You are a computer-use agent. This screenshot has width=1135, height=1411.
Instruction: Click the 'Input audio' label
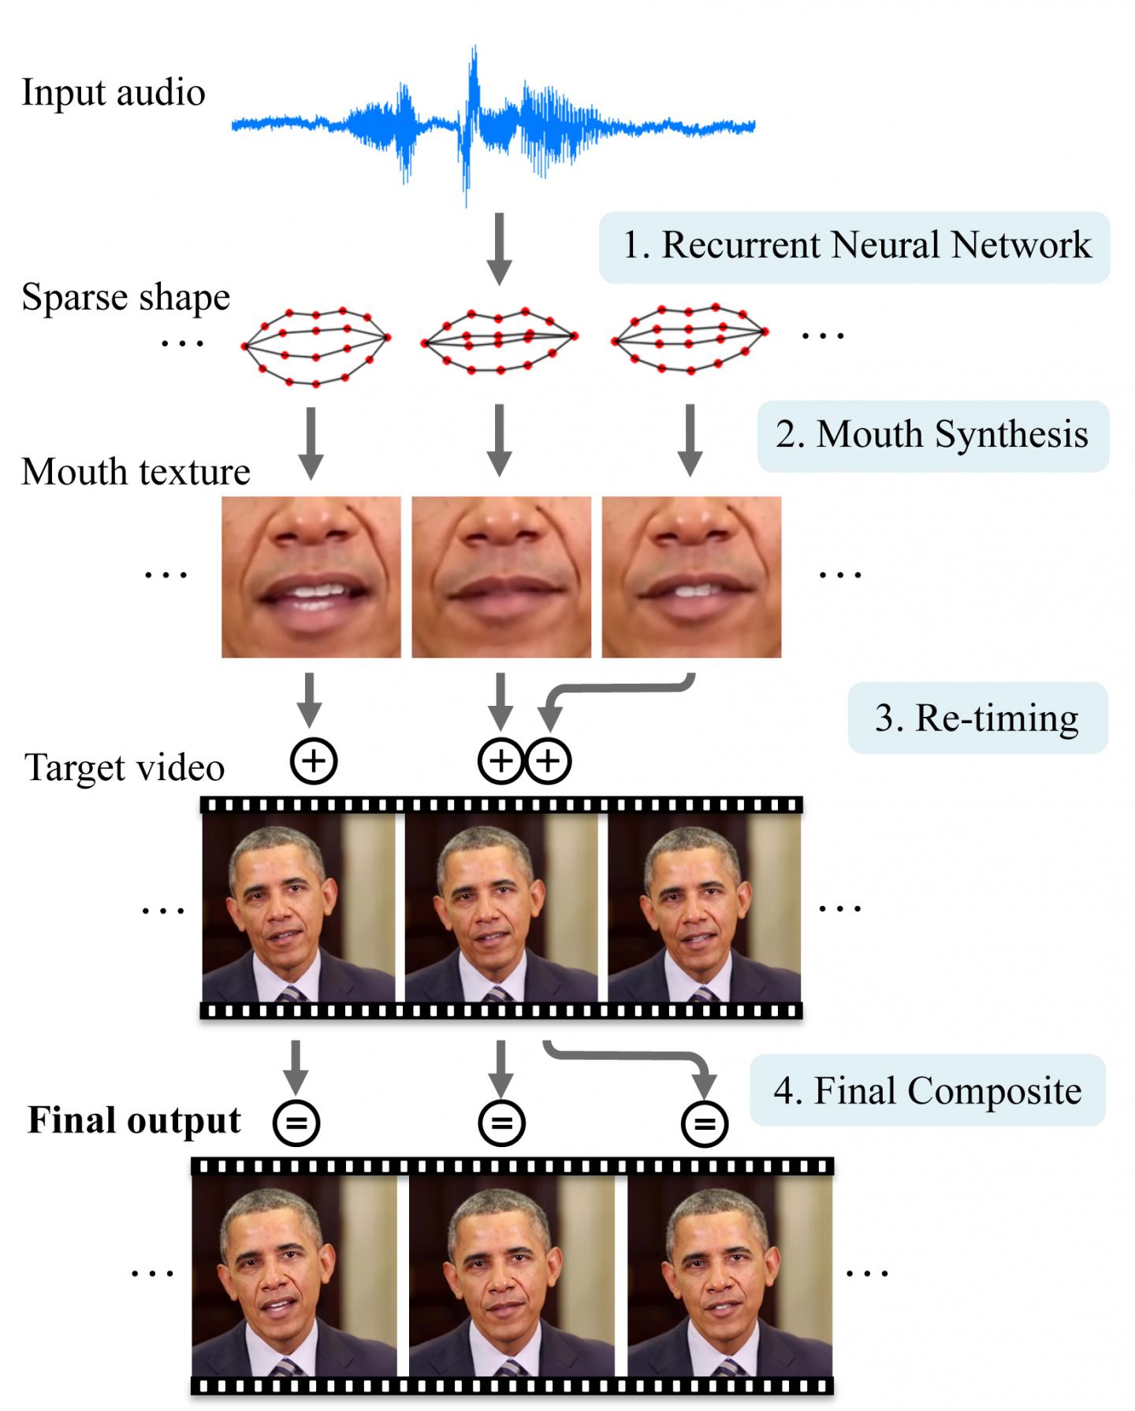click(x=113, y=93)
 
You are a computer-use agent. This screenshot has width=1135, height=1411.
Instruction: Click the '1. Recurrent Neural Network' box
click(x=854, y=247)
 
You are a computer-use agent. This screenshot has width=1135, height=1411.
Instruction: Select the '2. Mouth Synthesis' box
click(x=932, y=436)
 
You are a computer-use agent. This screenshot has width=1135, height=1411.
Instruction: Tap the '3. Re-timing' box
click(x=977, y=718)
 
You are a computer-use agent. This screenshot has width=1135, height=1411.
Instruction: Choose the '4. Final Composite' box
click(x=928, y=1090)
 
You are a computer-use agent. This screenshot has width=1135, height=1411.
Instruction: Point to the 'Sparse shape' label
click(x=125, y=298)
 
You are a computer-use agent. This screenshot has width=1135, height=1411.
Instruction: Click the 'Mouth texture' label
click(x=136, y=472)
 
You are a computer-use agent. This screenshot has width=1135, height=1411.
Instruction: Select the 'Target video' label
click(x=125, y=767)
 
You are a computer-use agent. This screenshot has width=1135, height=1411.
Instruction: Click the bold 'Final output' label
click(x=134, y=1120)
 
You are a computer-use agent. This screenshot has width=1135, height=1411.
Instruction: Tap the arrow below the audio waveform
click(x=498, y=247)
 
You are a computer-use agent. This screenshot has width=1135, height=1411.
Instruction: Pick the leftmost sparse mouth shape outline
click(x=316, y=346)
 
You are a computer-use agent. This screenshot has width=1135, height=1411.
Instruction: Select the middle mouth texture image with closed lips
click(x=501, y=577)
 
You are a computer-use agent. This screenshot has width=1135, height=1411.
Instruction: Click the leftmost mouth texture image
click(x=311, y=577)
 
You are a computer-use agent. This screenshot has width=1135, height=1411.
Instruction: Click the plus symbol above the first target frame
click(x=314, y=761)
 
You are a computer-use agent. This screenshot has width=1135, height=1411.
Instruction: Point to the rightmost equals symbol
click(x=704, y=1123)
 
